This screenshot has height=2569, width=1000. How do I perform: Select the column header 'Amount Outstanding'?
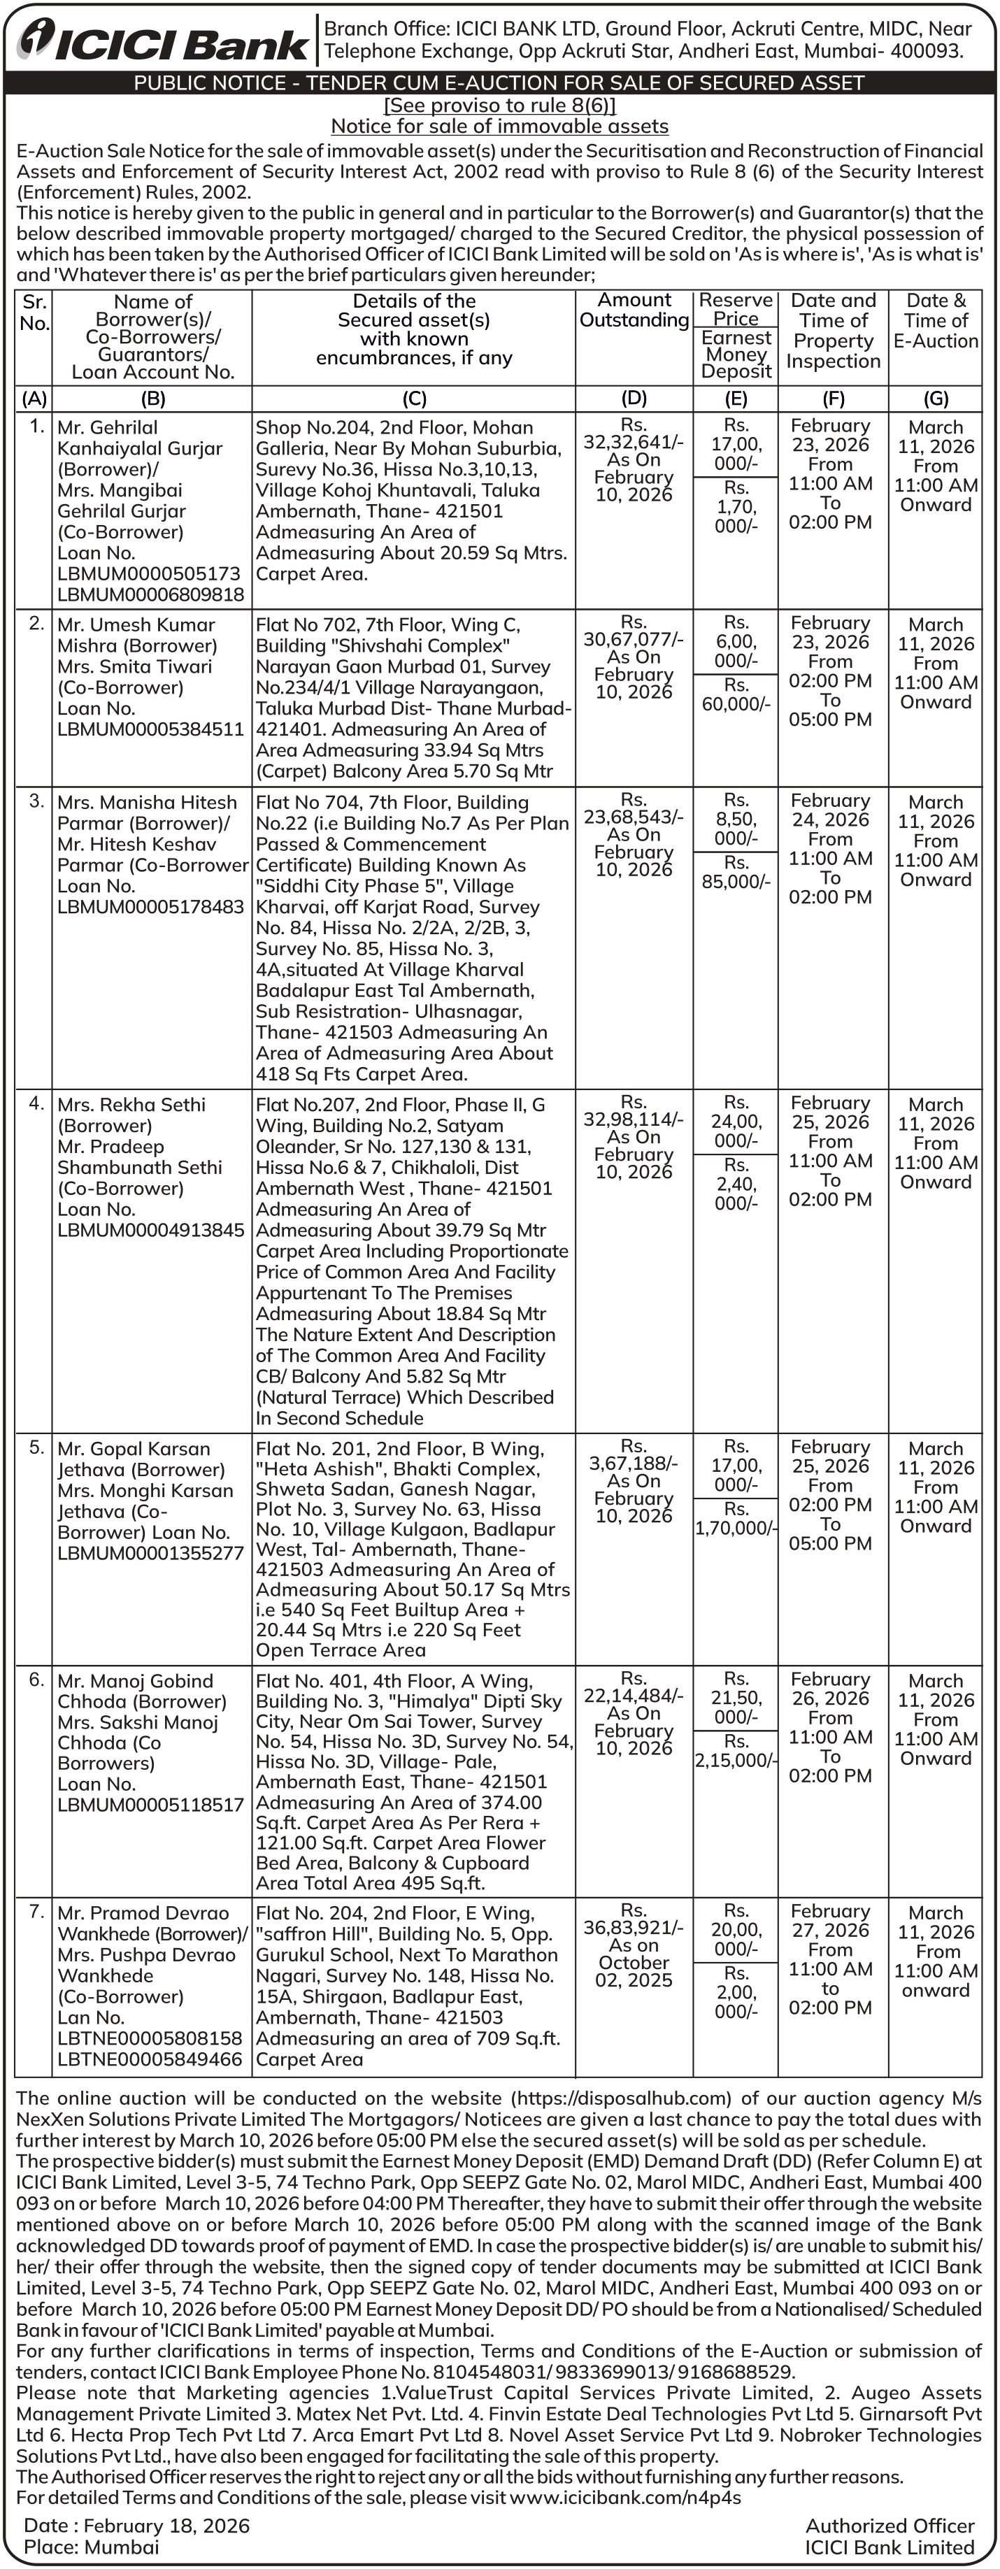634,310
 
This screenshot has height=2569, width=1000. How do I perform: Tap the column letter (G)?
935,399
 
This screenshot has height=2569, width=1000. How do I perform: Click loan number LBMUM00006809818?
150,594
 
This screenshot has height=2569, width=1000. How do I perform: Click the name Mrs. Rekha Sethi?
131,1105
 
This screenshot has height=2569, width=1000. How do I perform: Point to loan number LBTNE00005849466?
150,2059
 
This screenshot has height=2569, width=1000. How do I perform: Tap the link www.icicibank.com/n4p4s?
625,2497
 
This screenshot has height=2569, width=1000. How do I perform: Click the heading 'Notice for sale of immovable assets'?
499,127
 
